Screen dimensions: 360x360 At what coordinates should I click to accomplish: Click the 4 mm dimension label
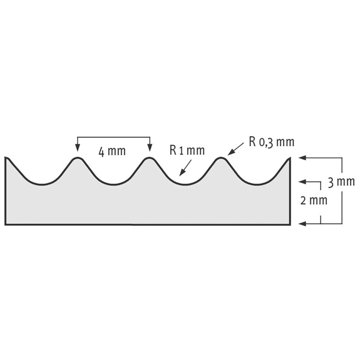(x=112, y=152)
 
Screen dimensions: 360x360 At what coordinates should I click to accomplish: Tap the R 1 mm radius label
(x=187, y=150)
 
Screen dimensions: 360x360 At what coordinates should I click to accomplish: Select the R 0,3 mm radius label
(x=271, y=143)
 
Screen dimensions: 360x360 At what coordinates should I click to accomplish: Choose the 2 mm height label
(x=314, y=200)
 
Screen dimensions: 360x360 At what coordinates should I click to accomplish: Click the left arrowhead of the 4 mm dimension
(x=77, y=148)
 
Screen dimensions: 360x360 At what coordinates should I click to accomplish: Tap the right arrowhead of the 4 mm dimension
(x=149, y=148)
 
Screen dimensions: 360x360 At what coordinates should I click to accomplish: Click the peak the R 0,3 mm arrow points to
(x=221, y=158)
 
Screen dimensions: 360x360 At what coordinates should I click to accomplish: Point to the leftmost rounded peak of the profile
(x=77, y=158)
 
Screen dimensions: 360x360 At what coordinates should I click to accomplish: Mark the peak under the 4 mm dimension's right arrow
(x=149, y=158)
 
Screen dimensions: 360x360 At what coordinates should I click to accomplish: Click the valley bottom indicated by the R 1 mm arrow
(x=184, y=184)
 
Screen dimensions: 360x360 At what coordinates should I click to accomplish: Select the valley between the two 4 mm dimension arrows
(x=113, y=184)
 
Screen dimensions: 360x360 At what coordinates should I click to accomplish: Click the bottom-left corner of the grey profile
(x=5, y=224)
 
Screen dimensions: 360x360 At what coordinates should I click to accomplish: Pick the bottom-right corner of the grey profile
(x=289, y=224)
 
